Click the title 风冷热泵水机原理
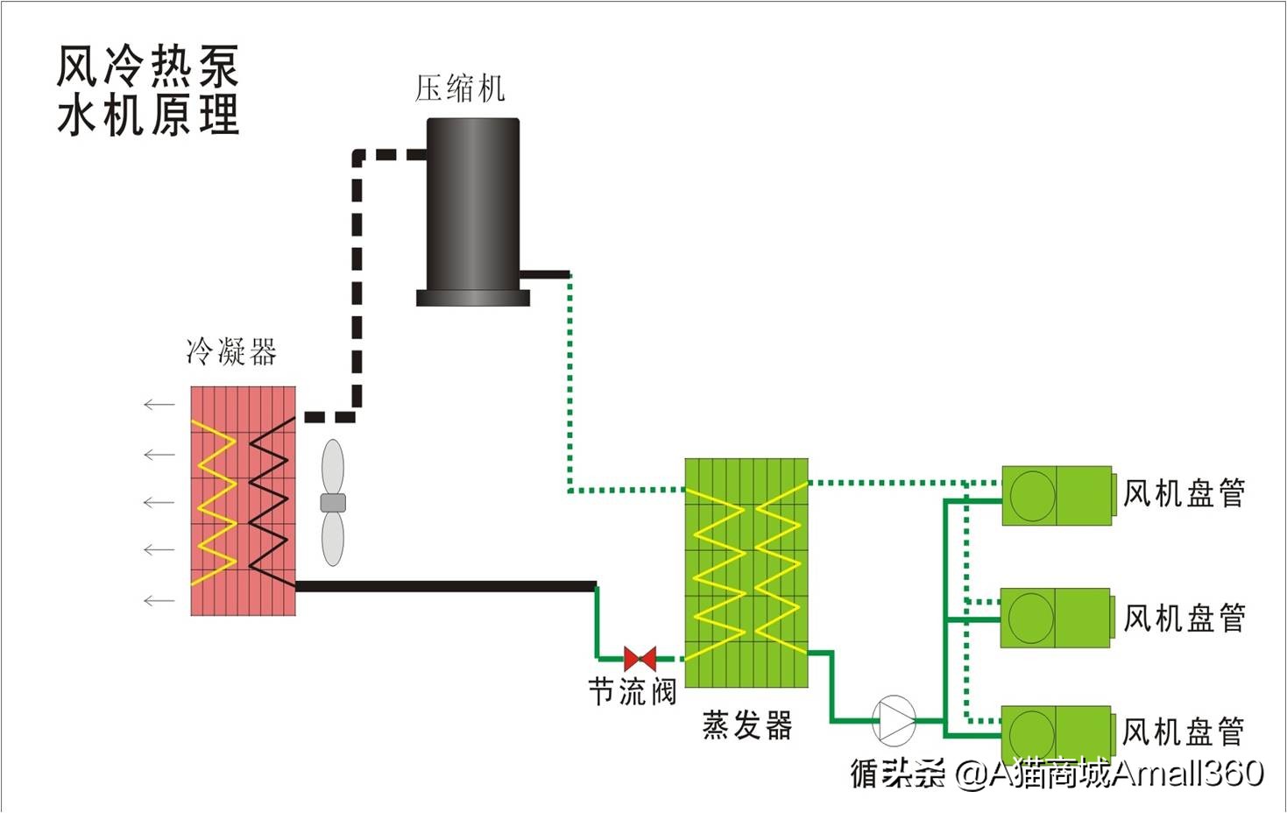[147, 90]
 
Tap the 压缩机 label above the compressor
[459, 88]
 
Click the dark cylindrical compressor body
[473, 206]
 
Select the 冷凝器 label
[231, 352]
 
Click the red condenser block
[243, 500]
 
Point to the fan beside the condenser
[333, 502]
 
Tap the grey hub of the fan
[333, 503]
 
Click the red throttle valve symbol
[640, 659]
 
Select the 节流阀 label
[632, 692]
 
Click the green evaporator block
[746, 572]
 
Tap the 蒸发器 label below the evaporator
[746, 725]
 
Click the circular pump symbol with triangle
[894, 720]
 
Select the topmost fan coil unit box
[1057, 495]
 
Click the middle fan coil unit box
[1056, 618]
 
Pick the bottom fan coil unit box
[1057, 732]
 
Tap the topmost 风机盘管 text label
[1184, 494]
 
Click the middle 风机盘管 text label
[1184, 619]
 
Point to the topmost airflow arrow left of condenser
[159, 404]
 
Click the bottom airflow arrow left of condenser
[159, 601]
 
